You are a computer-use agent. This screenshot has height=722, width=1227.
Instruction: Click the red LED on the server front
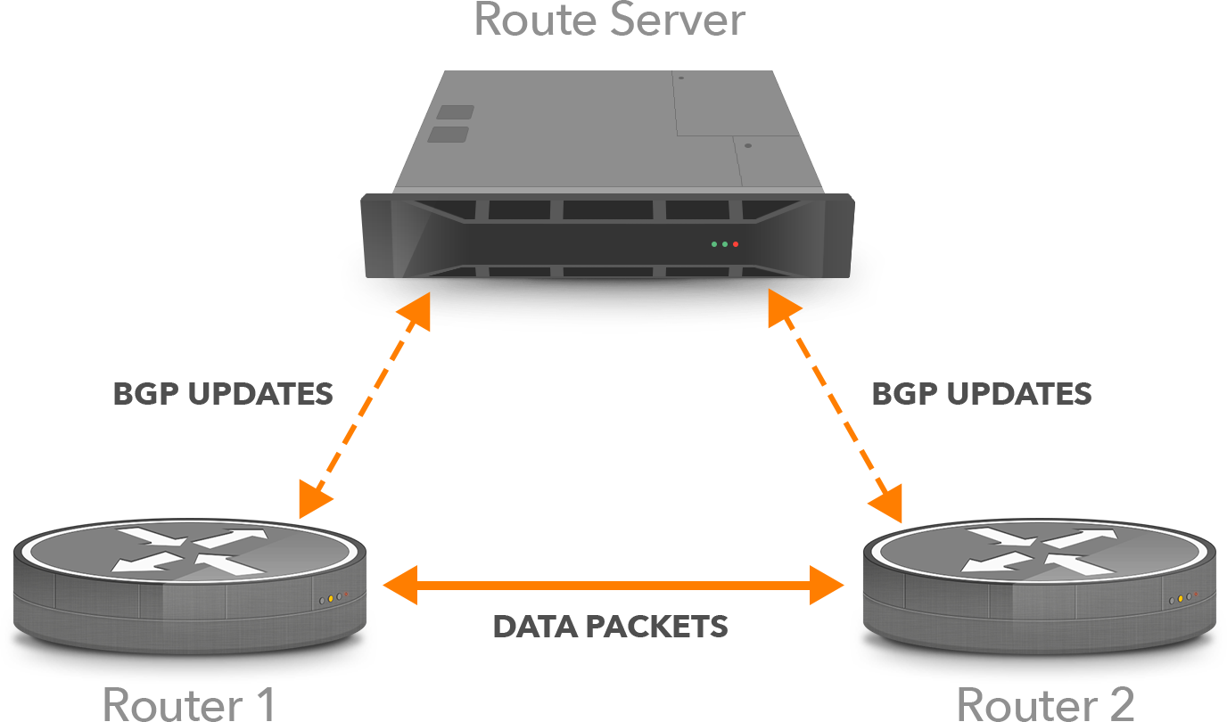point(736,243)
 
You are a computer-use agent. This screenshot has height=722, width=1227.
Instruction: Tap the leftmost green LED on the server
point(714,243)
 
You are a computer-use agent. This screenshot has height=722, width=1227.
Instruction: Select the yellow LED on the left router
point(330,598)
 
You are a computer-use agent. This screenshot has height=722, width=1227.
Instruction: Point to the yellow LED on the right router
point(1180,598)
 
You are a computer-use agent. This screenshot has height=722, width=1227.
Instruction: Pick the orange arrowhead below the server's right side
point(784,310)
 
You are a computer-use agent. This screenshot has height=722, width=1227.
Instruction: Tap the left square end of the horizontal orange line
point(399,585)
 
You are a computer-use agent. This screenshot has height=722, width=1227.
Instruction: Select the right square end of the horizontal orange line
point(827,585)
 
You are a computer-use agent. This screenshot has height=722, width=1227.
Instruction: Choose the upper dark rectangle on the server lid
point(456,112)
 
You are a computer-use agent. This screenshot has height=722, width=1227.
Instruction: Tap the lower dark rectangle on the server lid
point(449,134)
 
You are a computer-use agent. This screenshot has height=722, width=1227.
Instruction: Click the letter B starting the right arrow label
point(882,394)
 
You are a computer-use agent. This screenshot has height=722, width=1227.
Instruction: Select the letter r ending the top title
point(731,20)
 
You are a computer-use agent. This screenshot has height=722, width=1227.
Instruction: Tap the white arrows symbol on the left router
point(193,550)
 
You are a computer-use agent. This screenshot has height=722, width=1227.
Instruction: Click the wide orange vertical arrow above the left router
point(364,410)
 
